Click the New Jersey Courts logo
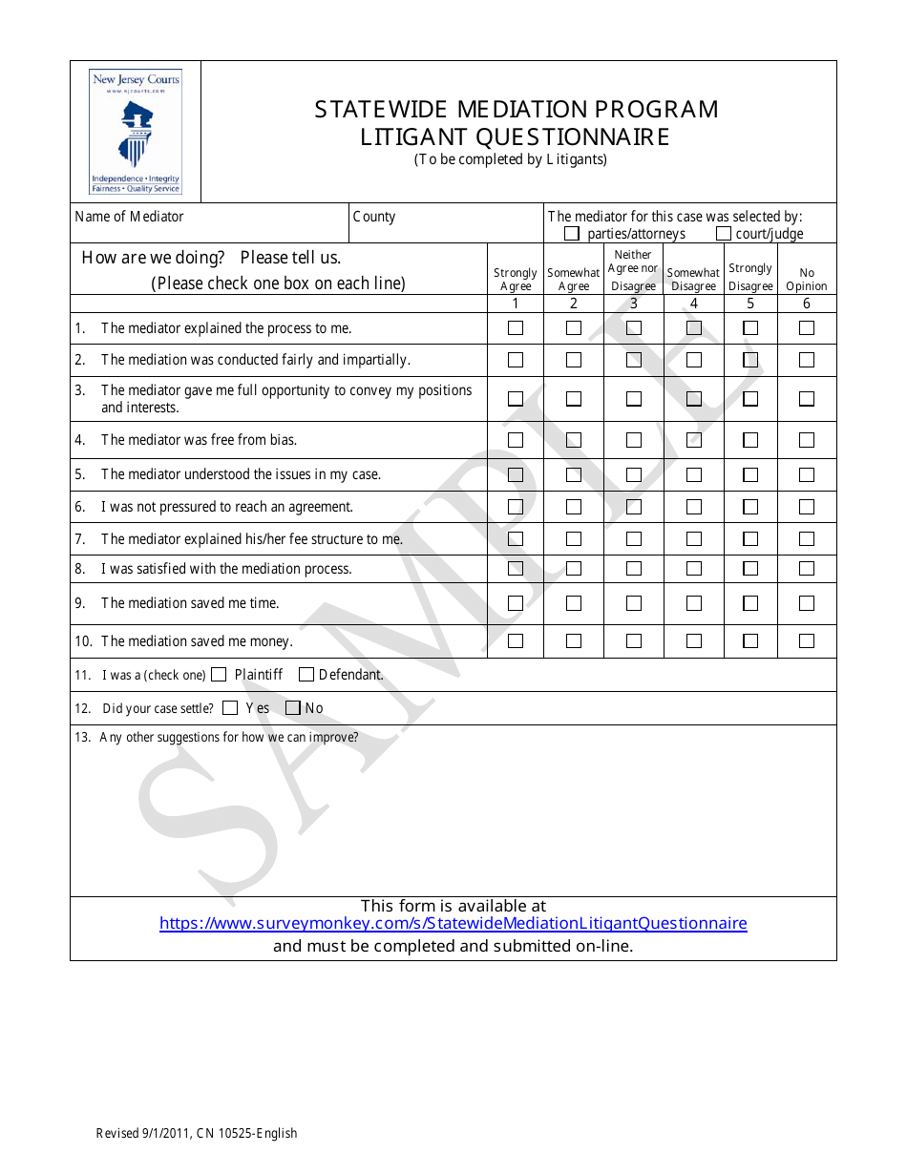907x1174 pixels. point(135,132)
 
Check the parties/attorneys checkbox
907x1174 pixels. point(572,234)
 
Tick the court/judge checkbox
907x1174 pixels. point(724,234)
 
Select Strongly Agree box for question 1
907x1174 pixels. point(516,328)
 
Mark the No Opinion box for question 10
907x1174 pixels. point(807,641)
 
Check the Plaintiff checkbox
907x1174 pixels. point(219,675)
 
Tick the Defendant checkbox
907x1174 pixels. point(306,675)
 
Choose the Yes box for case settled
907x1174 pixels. point(230,708)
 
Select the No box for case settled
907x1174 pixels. point(293,708)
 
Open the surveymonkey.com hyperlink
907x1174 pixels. point(453,924)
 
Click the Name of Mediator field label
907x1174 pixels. point(129,217)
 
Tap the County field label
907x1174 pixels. point(374,217)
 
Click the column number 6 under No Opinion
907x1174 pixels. point(807,304)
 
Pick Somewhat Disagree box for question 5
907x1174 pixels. point(694,474)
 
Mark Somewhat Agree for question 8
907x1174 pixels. point(574,569)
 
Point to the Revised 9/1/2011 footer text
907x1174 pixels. point(197,1134)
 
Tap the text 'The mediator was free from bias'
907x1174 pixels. point(199,440)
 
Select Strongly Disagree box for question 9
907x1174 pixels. point(750,603)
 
